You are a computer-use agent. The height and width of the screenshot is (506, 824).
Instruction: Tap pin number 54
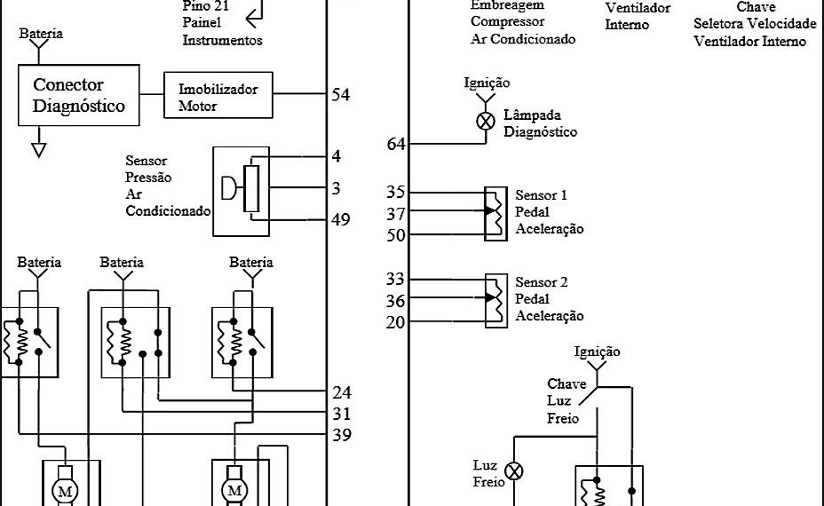[x=340, y=94]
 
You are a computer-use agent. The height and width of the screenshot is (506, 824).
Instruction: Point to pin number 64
[x=397, y=144]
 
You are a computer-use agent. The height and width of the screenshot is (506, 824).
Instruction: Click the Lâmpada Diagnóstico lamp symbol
[x=486, y=122]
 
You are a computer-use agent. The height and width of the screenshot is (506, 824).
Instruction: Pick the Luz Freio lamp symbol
[x=514, y=470]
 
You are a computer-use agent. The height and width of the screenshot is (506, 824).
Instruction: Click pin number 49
[x=340, y=219]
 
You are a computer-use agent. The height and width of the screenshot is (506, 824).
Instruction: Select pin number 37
[x=396, y=214]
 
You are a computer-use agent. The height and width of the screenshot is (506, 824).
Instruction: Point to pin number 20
[x=396, y=322]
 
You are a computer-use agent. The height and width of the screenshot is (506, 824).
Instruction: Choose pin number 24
[x=341, y=393]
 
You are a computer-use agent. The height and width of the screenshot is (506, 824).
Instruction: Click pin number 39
[x=341, y=435]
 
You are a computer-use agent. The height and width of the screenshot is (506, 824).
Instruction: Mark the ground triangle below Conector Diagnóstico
[x=38, y=149]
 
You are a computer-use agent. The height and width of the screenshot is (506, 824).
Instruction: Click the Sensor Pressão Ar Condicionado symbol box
[x=241, y=191]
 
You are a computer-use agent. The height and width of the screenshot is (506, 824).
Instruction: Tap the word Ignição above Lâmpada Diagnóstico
[x=487, y=83]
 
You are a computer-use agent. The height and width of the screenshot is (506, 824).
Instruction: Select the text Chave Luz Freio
[x=566, y=400]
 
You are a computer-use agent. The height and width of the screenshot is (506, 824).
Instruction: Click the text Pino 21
[x=202, y=5]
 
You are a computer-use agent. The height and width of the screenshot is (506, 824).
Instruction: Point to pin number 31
[x=341, y=414]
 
